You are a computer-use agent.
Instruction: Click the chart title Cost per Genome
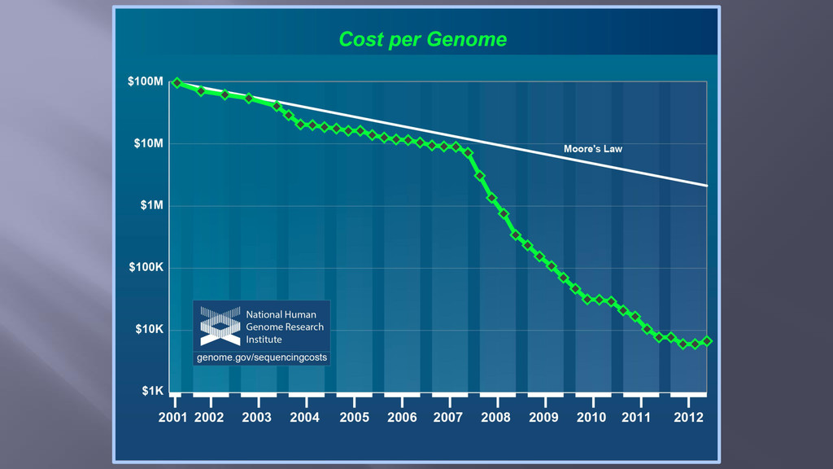(x=423, y=39)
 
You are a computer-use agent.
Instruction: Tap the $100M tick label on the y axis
(x=145, y=81)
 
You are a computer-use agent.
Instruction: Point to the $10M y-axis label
(x=148, y=143)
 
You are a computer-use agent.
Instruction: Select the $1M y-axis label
(x=151, y=205)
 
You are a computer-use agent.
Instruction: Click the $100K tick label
(x=146, y=267)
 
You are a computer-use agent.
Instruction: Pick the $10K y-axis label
(x=150, y=329)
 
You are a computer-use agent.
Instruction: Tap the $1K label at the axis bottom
(x=152, y=392)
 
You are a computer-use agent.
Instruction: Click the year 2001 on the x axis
(x=172, y=418)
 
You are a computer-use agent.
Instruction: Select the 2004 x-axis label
(x=304, y=418)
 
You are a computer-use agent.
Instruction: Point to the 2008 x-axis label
(x=495, y=418)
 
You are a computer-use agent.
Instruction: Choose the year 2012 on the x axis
(x=688, y=418)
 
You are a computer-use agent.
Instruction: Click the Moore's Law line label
(x=593, y=149)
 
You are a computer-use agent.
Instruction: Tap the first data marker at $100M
(x=177, y=83)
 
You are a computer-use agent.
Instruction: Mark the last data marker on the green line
(x=707, y=341)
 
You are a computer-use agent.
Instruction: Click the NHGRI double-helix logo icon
(x=220, y=326)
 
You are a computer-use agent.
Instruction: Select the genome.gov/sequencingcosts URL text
(x=262, y=357)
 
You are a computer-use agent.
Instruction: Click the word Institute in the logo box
(x=264, y=340)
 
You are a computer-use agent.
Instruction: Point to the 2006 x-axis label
(x=402, y=418)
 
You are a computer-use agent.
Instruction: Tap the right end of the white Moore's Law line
(x=707, y=186)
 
